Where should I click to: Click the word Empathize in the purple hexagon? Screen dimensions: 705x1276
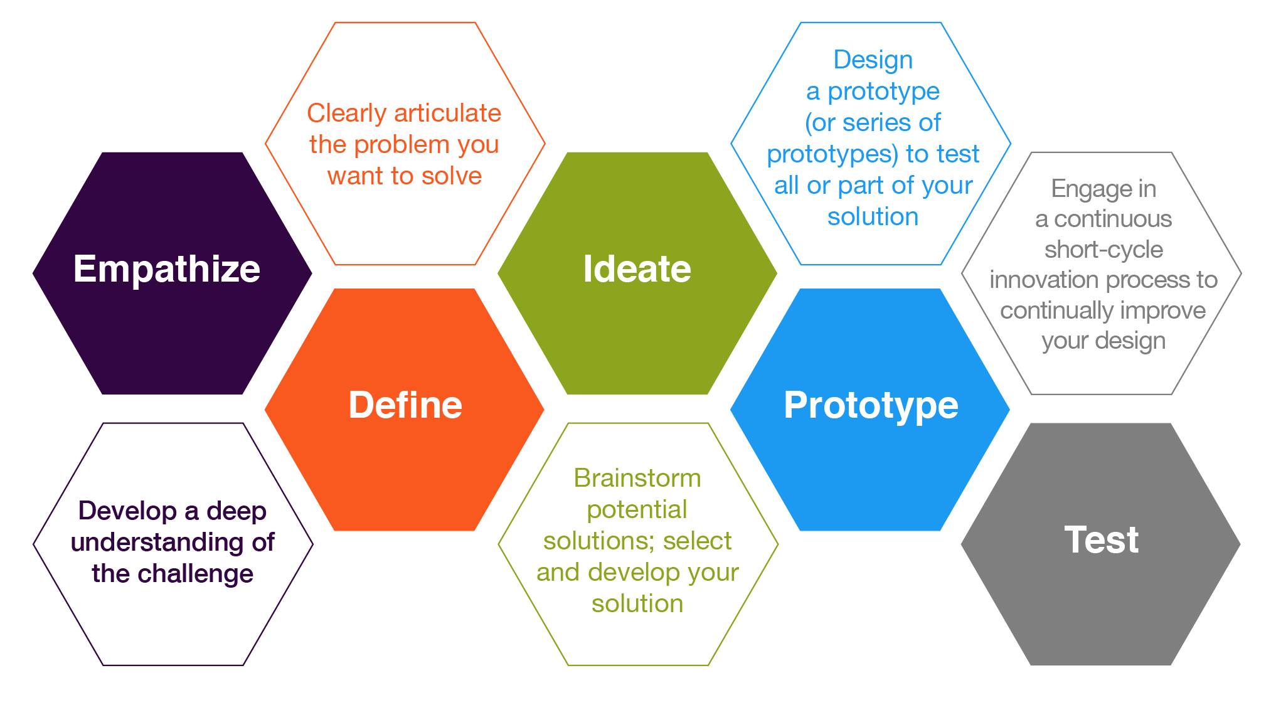click(166, 269)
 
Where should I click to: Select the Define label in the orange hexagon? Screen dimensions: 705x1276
click(405, 405)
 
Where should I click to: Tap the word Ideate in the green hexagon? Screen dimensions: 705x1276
click(637, 269)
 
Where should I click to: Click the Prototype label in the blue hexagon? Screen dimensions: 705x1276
click(871, 405)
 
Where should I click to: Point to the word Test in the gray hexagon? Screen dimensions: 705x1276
click(1101, 539)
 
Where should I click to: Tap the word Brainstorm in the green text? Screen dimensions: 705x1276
click(637, 478)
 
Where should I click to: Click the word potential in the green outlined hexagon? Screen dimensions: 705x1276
click(637, 509)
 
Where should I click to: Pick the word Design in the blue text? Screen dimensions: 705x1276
click(873, 60)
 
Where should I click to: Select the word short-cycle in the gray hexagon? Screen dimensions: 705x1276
click(1103, 250)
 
